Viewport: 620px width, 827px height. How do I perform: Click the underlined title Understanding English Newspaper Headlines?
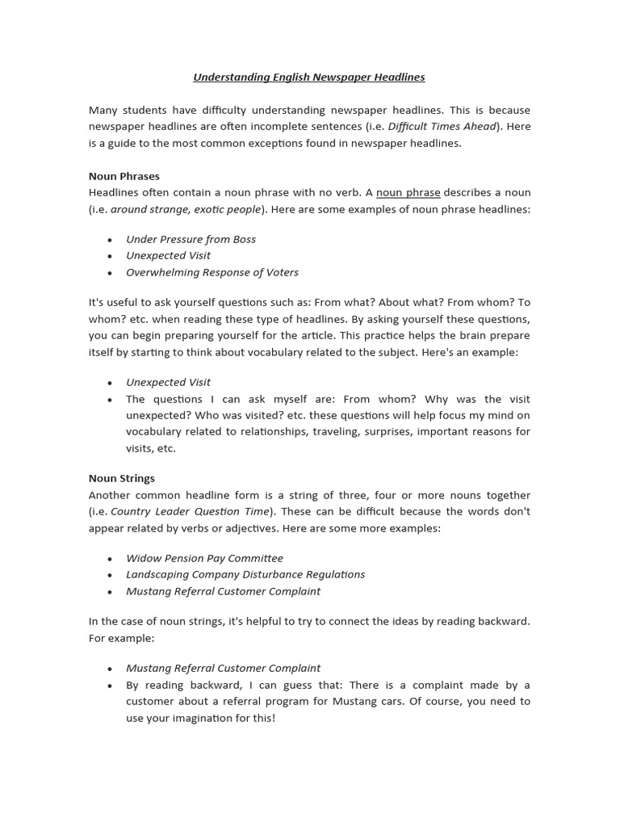309,78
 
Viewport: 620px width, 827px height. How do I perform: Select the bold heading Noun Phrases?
124,176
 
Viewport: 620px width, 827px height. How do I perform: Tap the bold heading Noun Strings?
121,478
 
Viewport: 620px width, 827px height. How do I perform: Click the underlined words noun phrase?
408,193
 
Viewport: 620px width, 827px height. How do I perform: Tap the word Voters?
281,272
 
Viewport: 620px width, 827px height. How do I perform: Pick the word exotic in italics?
211,209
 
